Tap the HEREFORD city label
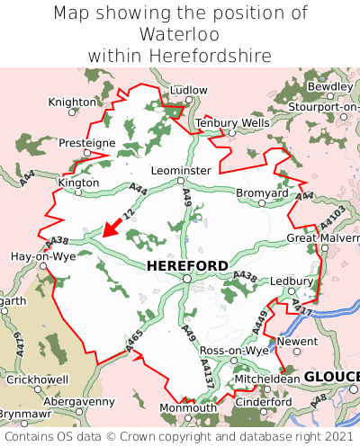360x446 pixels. [x=186, y=265]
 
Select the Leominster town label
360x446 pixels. [x=181, y=170]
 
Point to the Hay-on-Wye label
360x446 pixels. [x=42, y=256]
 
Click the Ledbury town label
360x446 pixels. [x=290, y=281]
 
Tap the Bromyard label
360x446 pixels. [x=262, y=192]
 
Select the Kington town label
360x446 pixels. [x=78, y=182]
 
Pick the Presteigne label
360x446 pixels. [x=87, y=142]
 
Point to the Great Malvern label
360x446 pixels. [x=322, y=237]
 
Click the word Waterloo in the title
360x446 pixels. [x=179, y=34]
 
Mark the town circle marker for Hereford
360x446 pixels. [x=186, y=280]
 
